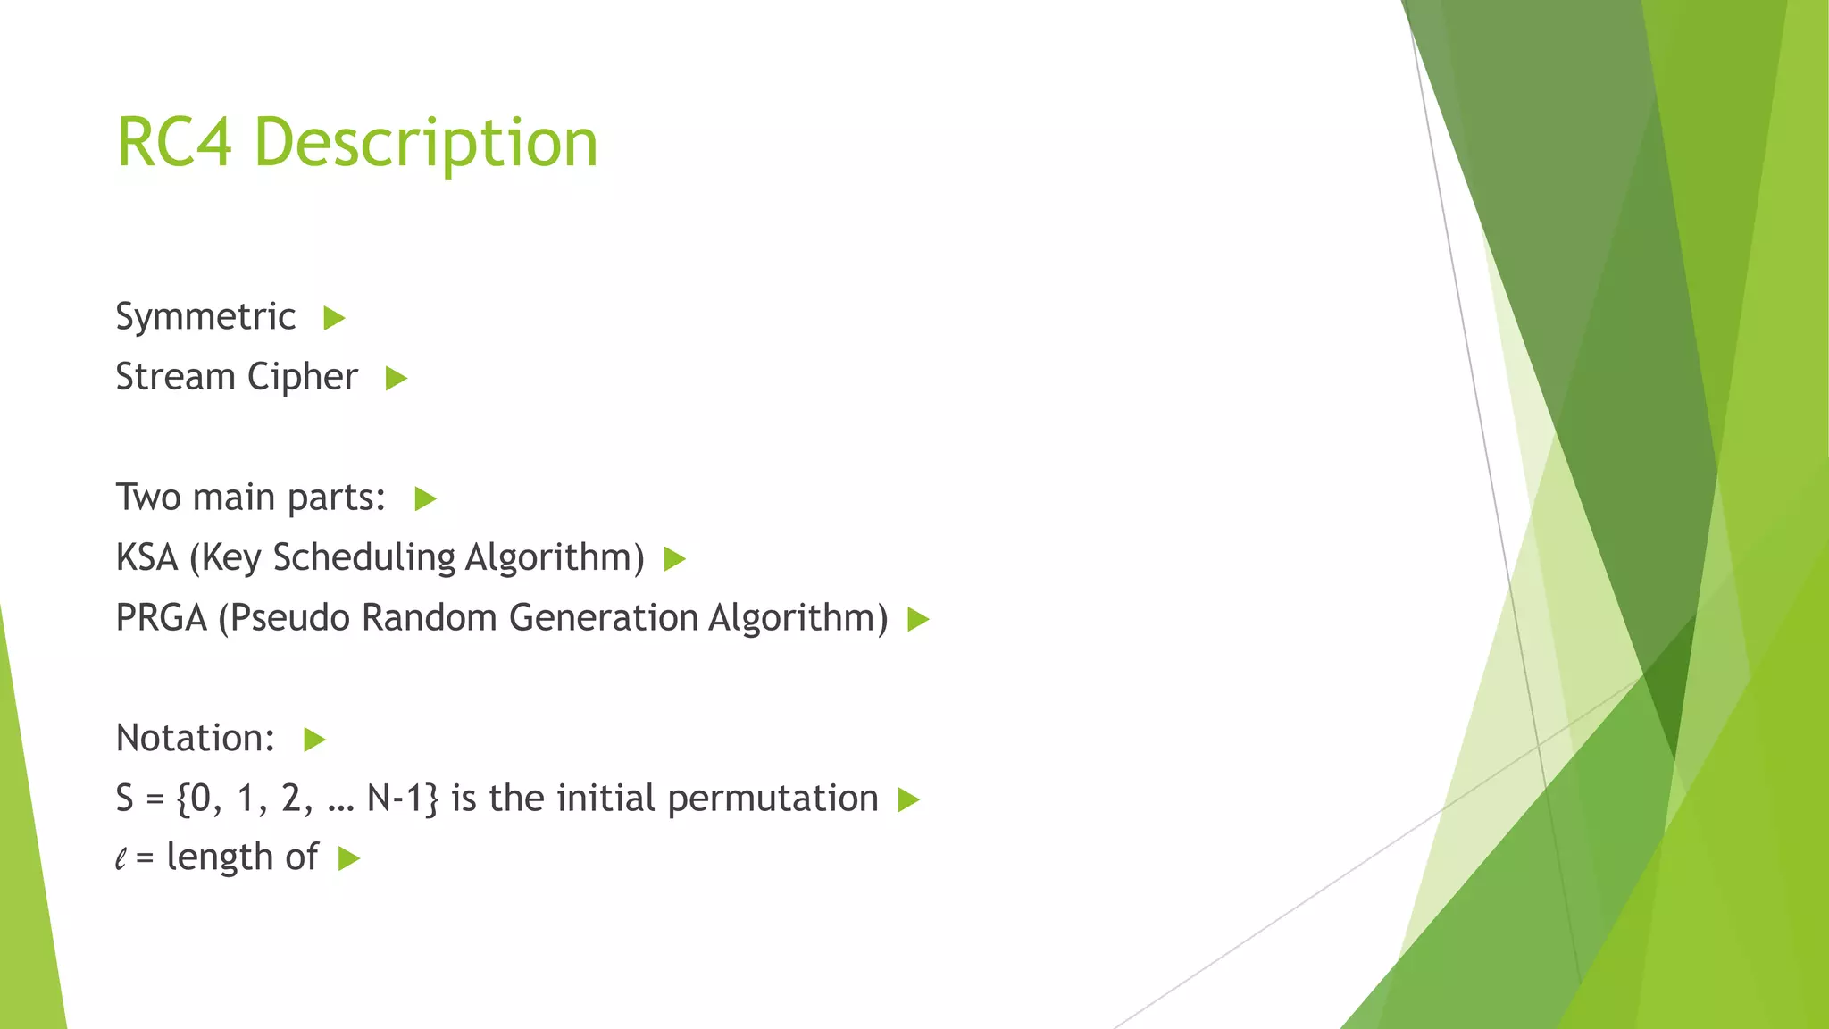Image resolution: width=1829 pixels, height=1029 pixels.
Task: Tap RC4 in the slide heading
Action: click(x=174, y=143)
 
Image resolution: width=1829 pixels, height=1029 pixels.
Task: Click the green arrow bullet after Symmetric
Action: click(x=334, y=318)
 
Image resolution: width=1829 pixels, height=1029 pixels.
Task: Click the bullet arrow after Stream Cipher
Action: click(x=397, y=379)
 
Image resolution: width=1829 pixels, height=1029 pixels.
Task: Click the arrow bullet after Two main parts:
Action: click(x=425, y=499)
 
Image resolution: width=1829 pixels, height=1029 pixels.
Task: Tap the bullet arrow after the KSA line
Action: click(x=675, y=560)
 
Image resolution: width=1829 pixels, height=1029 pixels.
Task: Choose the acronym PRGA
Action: click(x=161, y=618)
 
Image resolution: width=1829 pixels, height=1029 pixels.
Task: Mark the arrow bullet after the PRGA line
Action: click(x=918, y=619)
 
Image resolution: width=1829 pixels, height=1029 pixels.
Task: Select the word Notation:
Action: click(x=196, y=739)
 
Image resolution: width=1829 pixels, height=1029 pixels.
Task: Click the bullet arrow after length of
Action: click(x=349, y=859)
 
